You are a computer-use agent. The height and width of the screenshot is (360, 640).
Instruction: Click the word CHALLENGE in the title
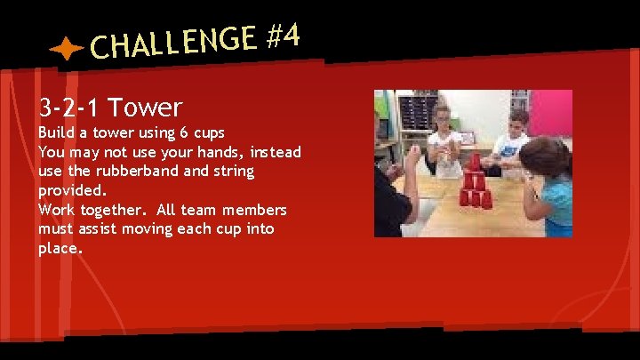(x=173, y=43)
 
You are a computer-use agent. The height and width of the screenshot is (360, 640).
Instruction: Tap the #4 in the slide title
(x=283, y=36)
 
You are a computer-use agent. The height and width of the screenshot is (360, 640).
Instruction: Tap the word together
(x=113, y=210)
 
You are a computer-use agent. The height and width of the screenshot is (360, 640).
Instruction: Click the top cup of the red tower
(x=473, y=161)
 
